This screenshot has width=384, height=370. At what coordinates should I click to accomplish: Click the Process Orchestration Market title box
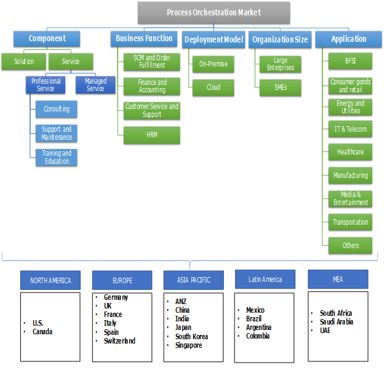point(214,12)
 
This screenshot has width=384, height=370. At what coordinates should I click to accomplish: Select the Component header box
point(47,38)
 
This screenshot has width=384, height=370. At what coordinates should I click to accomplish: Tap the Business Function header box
point(145,38)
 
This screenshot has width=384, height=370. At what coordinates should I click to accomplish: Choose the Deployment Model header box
point(214,39)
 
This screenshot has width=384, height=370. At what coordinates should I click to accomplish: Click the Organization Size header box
point(280,39)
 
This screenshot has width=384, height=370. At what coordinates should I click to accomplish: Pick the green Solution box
point(24,62)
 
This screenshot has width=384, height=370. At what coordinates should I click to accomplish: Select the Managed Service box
point(95,85)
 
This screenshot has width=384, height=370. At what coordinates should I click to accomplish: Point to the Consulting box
point(57,109)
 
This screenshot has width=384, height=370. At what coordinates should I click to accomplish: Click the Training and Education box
point(57,157)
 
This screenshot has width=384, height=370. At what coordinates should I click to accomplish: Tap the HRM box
point(152,135)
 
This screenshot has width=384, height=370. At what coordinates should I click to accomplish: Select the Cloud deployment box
point(214,87)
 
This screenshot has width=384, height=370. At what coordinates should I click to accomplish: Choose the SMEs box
point(281,87)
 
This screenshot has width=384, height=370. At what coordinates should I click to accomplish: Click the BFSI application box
point(351,62)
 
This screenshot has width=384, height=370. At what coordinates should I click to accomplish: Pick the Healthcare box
point(351,151)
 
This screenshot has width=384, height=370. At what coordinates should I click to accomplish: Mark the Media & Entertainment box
point(351,198)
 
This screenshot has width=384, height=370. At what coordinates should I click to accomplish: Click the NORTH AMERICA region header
point(50,280)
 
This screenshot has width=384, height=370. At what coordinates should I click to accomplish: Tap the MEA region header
point(338,279)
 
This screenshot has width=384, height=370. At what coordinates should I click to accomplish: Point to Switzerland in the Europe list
point(119,340)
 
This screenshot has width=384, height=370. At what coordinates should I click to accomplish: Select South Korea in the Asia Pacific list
point(191,337)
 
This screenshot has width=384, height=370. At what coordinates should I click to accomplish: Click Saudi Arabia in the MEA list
point(336,322)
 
